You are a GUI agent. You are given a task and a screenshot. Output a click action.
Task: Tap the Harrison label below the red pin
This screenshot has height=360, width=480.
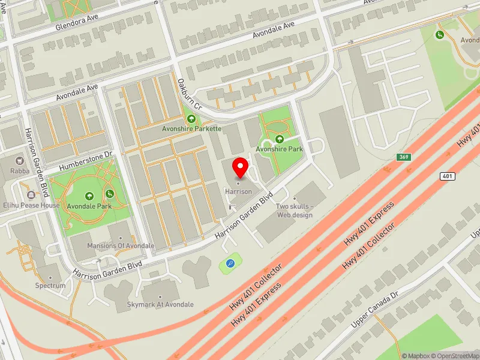[x=238, y=191]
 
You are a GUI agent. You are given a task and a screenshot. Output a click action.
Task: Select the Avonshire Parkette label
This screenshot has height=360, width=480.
[x=192, y=128]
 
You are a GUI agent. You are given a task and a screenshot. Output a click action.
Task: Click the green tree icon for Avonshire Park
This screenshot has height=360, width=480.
[x=279, y=139]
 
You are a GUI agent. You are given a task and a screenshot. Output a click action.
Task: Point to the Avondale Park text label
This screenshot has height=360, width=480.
[x=90, y=206]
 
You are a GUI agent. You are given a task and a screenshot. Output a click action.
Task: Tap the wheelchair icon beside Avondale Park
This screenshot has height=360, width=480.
[x=110, y=194]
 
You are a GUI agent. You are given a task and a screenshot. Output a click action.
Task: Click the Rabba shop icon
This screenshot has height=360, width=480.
[x=19, y=161]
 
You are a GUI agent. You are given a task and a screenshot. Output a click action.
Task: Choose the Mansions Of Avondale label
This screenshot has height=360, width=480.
[x=121, y=246]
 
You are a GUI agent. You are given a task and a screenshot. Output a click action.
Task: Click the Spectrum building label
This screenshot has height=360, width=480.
[x=50, y=286]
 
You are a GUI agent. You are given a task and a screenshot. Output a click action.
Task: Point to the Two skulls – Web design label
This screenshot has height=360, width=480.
[x=295, y=211]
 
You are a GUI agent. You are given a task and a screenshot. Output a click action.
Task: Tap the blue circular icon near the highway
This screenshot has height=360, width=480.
[x=230, y=263]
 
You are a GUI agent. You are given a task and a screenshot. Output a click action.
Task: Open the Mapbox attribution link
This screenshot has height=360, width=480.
[x=418, y=356]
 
